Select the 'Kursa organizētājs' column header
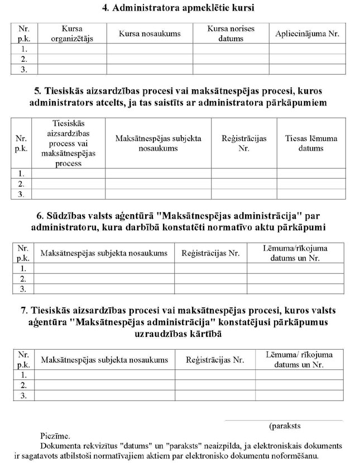click(x=71, y=33)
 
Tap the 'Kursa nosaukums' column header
click(x=150, y=34)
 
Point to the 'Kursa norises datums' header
click(x=231, y=33)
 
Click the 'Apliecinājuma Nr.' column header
click(x=307, y=34)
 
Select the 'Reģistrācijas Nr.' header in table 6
click(x=210, y=253)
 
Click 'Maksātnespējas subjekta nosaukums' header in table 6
click(x=104, y=253)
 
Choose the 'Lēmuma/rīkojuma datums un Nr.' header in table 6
click(x=295, y=253)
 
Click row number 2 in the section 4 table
click(x=24, y=59)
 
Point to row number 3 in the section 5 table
click(x=22, y=194)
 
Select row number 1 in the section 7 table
click(x=23, y=375)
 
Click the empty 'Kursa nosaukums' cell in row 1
click(x=150, y=49)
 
